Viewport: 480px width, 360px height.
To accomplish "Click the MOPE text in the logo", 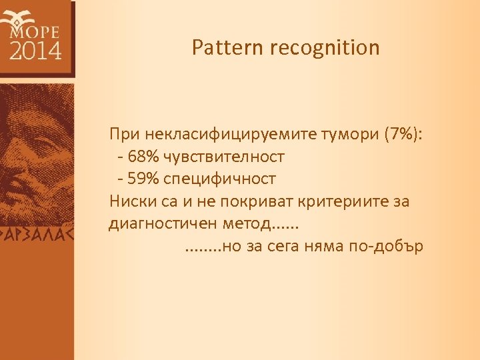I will [x=35, y=31].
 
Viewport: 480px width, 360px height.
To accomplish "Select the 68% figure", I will [x=141, y=157].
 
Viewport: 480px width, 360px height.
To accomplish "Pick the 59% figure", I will [x=141, y=179].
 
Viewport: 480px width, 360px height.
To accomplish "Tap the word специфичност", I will [x=219, y=179].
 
